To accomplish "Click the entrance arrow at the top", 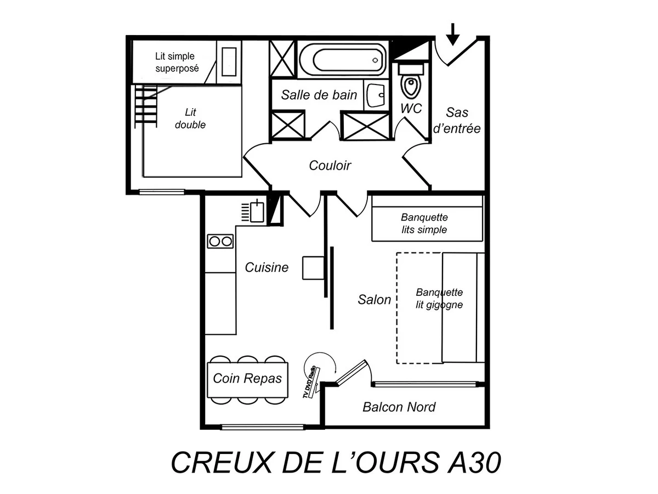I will point(452,34).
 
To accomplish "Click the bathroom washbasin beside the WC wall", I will point(376,96).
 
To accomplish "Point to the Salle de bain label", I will point(319,95).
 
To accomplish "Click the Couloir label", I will point(330,165).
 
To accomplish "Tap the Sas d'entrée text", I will point(457,120).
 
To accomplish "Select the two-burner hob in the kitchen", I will point(220,241).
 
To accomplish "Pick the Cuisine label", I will point(266,267).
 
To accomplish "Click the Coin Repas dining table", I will point(247,378).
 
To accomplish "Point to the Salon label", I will point(375,300).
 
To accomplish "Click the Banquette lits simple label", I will point(424,224).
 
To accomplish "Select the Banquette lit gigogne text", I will point(439,299).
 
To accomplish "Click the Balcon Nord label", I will point(399,407).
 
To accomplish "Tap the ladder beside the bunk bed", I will point(146,106).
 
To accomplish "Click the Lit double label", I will point(190,119).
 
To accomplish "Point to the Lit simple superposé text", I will point(175,63).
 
